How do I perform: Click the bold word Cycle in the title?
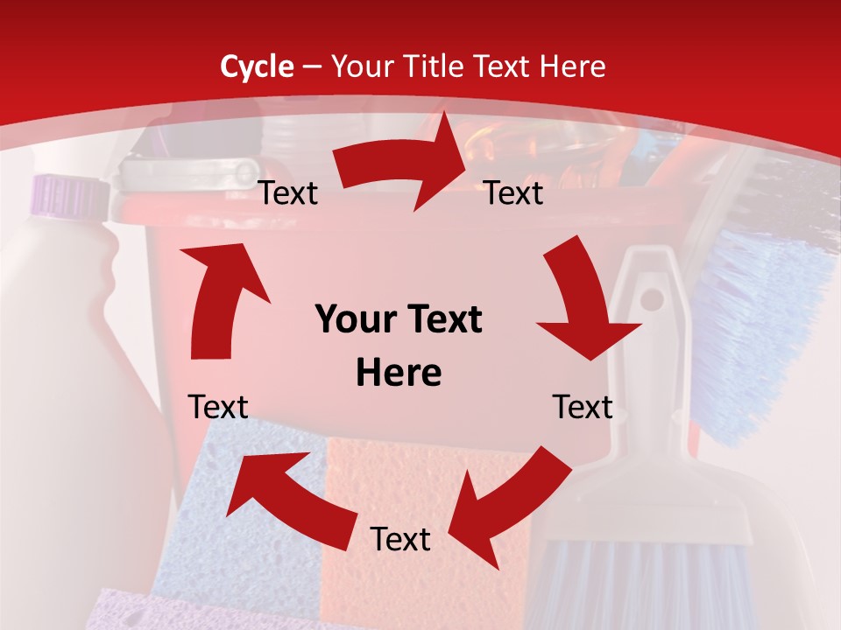(257, 66)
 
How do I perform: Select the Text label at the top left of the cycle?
(288, 193)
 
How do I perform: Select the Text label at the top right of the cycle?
(514, 193)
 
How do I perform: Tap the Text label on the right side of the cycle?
(583, 407)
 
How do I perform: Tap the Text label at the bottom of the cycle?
(400, 539)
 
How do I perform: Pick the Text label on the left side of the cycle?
(218, 407)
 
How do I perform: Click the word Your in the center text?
(351, 320)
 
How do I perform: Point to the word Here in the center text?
(399, 374)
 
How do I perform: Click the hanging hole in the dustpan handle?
(652, 298)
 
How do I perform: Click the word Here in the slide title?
(570, 66)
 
